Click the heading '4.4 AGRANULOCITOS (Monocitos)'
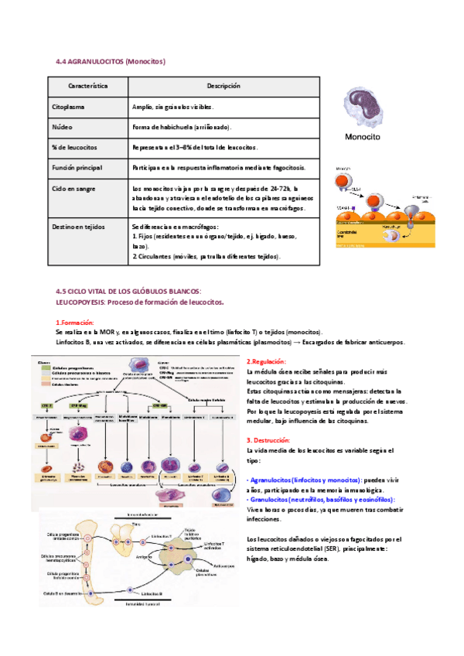tap(111, 61)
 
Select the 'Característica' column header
tap(87, 86)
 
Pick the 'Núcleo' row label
tap(63, 127)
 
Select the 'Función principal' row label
tap(80, 167)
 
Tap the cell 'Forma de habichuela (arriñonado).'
tap(182, 127)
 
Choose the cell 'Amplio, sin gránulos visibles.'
tap(172, 107)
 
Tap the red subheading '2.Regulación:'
tap(266, 362)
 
